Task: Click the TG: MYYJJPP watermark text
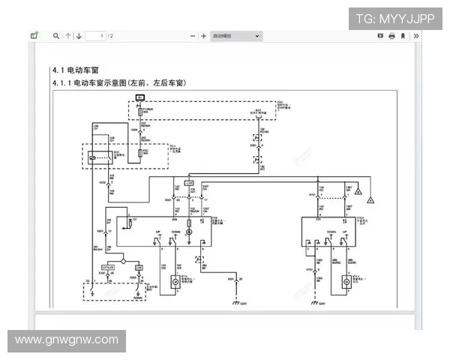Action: tap(394, 18)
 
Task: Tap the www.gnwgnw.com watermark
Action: tap(67, 340)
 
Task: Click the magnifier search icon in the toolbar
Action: tap(55, 35)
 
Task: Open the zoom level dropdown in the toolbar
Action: tap(235, 35)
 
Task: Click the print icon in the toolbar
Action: tap(391, 35)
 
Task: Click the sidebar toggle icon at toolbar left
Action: tap(34, 35)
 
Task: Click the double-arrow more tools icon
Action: tap(416, 35)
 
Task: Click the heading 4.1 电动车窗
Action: tap(73, 70)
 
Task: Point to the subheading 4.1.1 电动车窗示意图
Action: tap(118, 82)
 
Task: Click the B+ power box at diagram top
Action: tap(140, 97)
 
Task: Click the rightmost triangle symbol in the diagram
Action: tap(370, 200)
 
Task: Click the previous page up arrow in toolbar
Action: tap(68, 35)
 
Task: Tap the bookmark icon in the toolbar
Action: tap(403, 35)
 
